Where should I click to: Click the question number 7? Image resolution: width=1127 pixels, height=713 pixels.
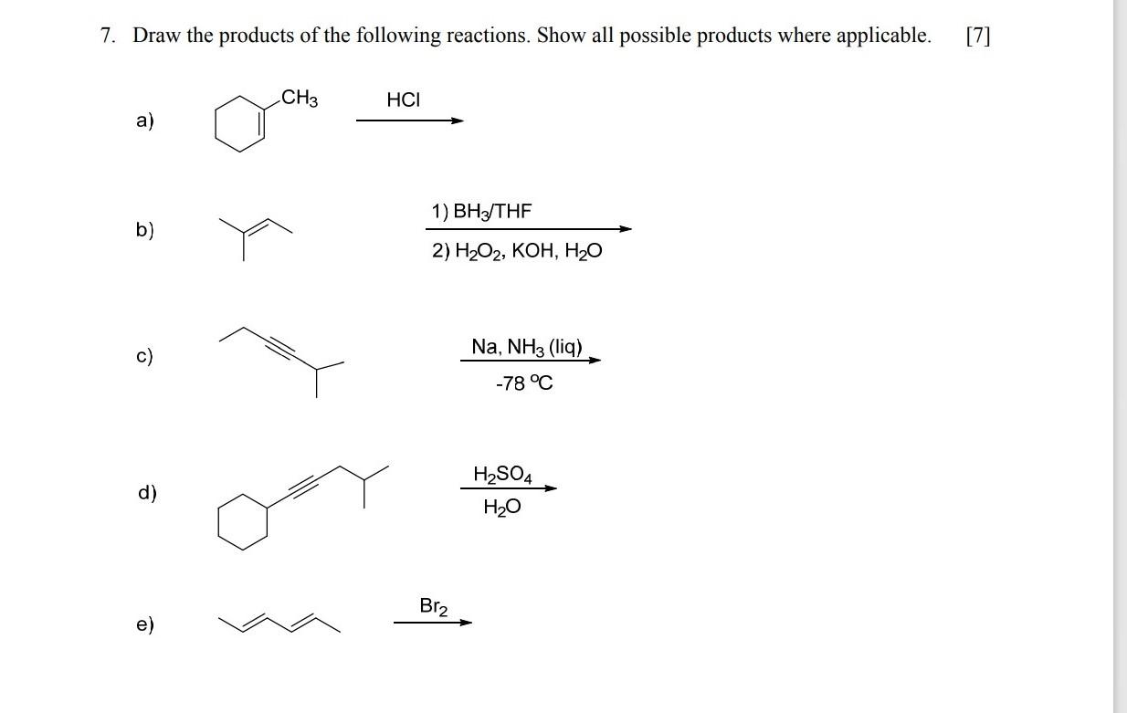click(108, 37)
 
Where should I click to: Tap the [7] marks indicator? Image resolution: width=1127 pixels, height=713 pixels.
click(976, 37)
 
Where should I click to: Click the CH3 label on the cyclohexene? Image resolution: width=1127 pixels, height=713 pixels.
click(300, 97)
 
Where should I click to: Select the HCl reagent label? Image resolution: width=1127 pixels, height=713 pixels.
click(404, 100)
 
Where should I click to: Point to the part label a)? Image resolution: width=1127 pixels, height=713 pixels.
click(145, 121)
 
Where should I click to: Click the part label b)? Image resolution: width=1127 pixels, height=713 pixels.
click(145, 230)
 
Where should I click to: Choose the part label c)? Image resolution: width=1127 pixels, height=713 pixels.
click(145, 356)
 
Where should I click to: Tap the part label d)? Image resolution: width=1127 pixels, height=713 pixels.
click(147, 493)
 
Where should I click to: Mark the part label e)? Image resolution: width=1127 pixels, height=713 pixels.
click(145, 625)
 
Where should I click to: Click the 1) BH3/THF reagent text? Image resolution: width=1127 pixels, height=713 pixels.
click(481, 213)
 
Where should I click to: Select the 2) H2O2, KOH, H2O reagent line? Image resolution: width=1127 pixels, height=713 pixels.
click(517, 251)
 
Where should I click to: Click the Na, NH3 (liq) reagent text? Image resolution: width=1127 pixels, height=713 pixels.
click(527, 347)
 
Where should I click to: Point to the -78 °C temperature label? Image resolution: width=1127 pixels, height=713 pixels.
click(524, 383)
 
